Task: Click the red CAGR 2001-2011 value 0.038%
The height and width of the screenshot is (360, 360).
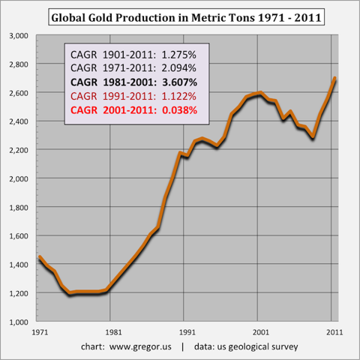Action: [x=177, y=110]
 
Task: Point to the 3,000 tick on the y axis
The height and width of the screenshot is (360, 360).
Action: [x=16, y=35]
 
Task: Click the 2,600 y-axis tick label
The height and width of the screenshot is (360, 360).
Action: [x=16, y=93]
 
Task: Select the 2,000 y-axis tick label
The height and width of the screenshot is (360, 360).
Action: [x=16, y=178]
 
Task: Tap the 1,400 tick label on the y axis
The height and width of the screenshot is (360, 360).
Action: [x=16, y=265]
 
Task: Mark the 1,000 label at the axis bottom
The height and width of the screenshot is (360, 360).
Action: [x=16, y=322]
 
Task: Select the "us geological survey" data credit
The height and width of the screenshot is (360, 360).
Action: [x=256, y=347]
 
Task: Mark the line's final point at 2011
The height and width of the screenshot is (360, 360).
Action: [x=334, y=78]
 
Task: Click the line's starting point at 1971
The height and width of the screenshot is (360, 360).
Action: [x=39, y=258]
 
